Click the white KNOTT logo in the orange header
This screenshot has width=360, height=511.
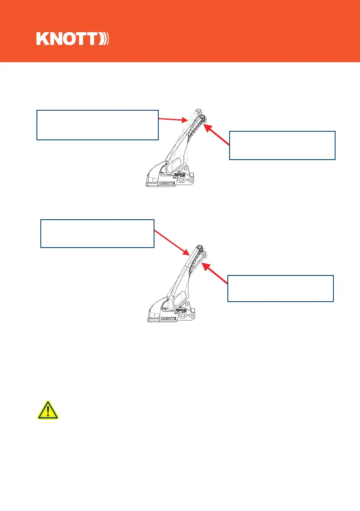tap(73, 39)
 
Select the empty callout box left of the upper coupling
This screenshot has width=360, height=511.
tap(97, 125)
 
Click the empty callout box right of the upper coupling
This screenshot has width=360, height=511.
tap(282, 145)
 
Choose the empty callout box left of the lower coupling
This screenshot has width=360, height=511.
tap(97, 233)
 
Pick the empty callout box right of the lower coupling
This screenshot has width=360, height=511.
tap(281, 289)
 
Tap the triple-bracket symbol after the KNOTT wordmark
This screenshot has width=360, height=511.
tap(105, 39)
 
